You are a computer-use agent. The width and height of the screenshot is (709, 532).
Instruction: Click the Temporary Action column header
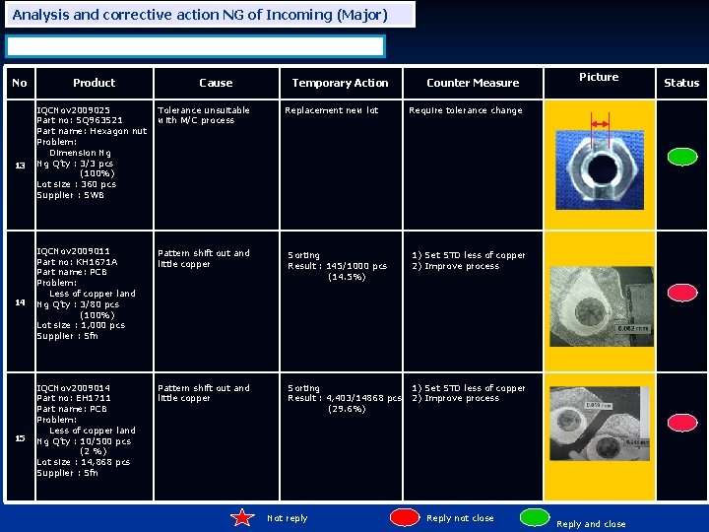click(340, 83)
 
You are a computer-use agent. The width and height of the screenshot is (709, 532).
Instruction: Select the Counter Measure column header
click(472, 83)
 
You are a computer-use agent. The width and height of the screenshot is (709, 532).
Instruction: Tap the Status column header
click(680, 83)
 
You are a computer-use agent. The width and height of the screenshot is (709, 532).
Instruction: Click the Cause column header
click(216, 83)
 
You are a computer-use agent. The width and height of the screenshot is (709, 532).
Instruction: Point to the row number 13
click(19, 165)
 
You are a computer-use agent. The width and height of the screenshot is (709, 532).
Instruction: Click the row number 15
click(19, 438)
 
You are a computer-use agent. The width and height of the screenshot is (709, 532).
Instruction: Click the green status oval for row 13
click(681, 156)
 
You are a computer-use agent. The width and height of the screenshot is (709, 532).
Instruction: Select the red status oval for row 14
click(681, 293)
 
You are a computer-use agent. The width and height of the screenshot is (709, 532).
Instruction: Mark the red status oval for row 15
click(681, 430)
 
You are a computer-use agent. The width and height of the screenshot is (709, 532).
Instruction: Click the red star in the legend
click(243, 518)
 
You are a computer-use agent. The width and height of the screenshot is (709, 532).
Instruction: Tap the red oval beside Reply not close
click(406, 518)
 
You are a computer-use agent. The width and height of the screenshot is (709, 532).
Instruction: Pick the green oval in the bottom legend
click(535, 518)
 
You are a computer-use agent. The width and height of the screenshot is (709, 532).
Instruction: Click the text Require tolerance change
click(465, 110)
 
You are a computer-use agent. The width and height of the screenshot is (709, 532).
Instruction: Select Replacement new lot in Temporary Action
click(331, 110)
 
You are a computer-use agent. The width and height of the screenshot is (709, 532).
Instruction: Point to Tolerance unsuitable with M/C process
click(203, 115)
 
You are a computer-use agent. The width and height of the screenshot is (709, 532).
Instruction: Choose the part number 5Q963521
click(80, 120)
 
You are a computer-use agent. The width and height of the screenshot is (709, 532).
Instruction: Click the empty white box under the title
click(195, 46)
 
